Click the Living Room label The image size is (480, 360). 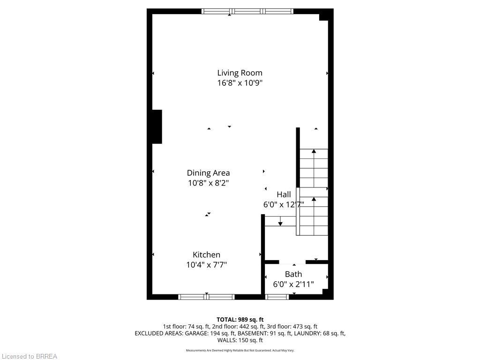pyautogui.click(x=240, y=73)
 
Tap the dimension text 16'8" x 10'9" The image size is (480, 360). pyautogui.click(x=240, y=83)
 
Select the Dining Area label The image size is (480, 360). pyautogui.click(x=208, y=173)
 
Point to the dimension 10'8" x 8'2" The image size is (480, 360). pyautogui.click(x=208, y=183)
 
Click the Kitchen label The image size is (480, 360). pyautogui.click(x=206, y=255)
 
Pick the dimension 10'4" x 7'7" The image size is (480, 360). pyautogui.click(x=206, y=265)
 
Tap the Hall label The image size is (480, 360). pyautogui.click(x=284, y=194)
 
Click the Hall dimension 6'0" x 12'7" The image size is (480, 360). pyautogui.click(x=284, y=204)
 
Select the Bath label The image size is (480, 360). pyautogui.click(x=293, y=274)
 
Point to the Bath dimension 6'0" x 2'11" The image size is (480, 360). pyautogui.click(x=293, y=284)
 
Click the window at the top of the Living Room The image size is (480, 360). pyautogui.click(x=247, y=11)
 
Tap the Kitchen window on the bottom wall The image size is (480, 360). pyautogui.click(x=206, y=297)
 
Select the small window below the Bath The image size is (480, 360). pyautogui.click(x=277, y=297)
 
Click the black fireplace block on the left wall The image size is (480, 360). pyautogui.click(x=157, y=127)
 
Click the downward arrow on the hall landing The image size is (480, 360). pyautogui.click(x=280, y=222)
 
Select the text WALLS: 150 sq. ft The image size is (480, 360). pyautogui.click(x=240, y=340)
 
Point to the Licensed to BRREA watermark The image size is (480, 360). pyautogui.click(x=29, y=356)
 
